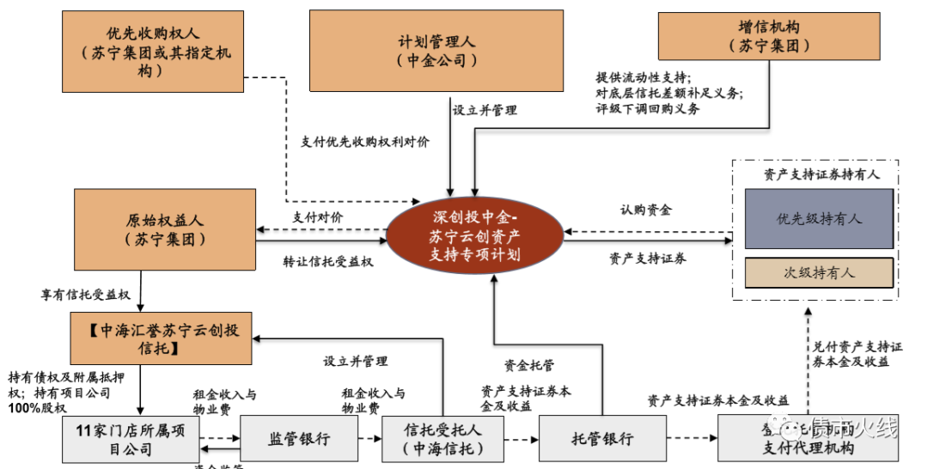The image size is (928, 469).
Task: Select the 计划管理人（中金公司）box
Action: (x=437, y=51)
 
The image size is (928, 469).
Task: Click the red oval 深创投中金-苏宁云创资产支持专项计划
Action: (x=474, y=234)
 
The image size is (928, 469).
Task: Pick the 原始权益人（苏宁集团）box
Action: (x=165, y=229)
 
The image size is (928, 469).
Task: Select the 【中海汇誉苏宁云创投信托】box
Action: (x=162, y=338)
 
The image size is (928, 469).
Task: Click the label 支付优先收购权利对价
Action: (x=365, y=142)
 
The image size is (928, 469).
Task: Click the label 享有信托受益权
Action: (x=85, y=295)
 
